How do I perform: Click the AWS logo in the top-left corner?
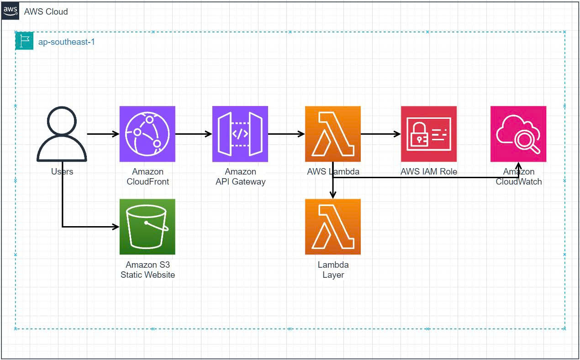pos(11,11)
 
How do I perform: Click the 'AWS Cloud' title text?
pos(46,11)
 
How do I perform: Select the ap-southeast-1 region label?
pos(66,42)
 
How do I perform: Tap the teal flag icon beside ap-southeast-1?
pos(24,41)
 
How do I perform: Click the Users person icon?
pos(62,134)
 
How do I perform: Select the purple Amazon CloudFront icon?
pos(147,134)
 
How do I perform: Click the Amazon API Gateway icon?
pos(240,134)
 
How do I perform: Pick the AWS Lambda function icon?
pos(333,134)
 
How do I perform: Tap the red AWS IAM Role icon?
pos(428,134)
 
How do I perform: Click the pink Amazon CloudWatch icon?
pos(518,134)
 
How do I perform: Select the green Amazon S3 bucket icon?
pos(147,227)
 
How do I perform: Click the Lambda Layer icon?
pos(333,227)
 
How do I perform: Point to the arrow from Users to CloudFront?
pos(103,134)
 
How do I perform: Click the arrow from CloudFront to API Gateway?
pos(194,134)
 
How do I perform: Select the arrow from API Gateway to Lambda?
pos(286,134)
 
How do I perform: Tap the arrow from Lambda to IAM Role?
pos(380,134)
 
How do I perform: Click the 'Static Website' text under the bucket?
pos(148,275)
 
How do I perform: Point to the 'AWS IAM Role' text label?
pos(428,172)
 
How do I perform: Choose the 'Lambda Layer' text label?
pos(333,270)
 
